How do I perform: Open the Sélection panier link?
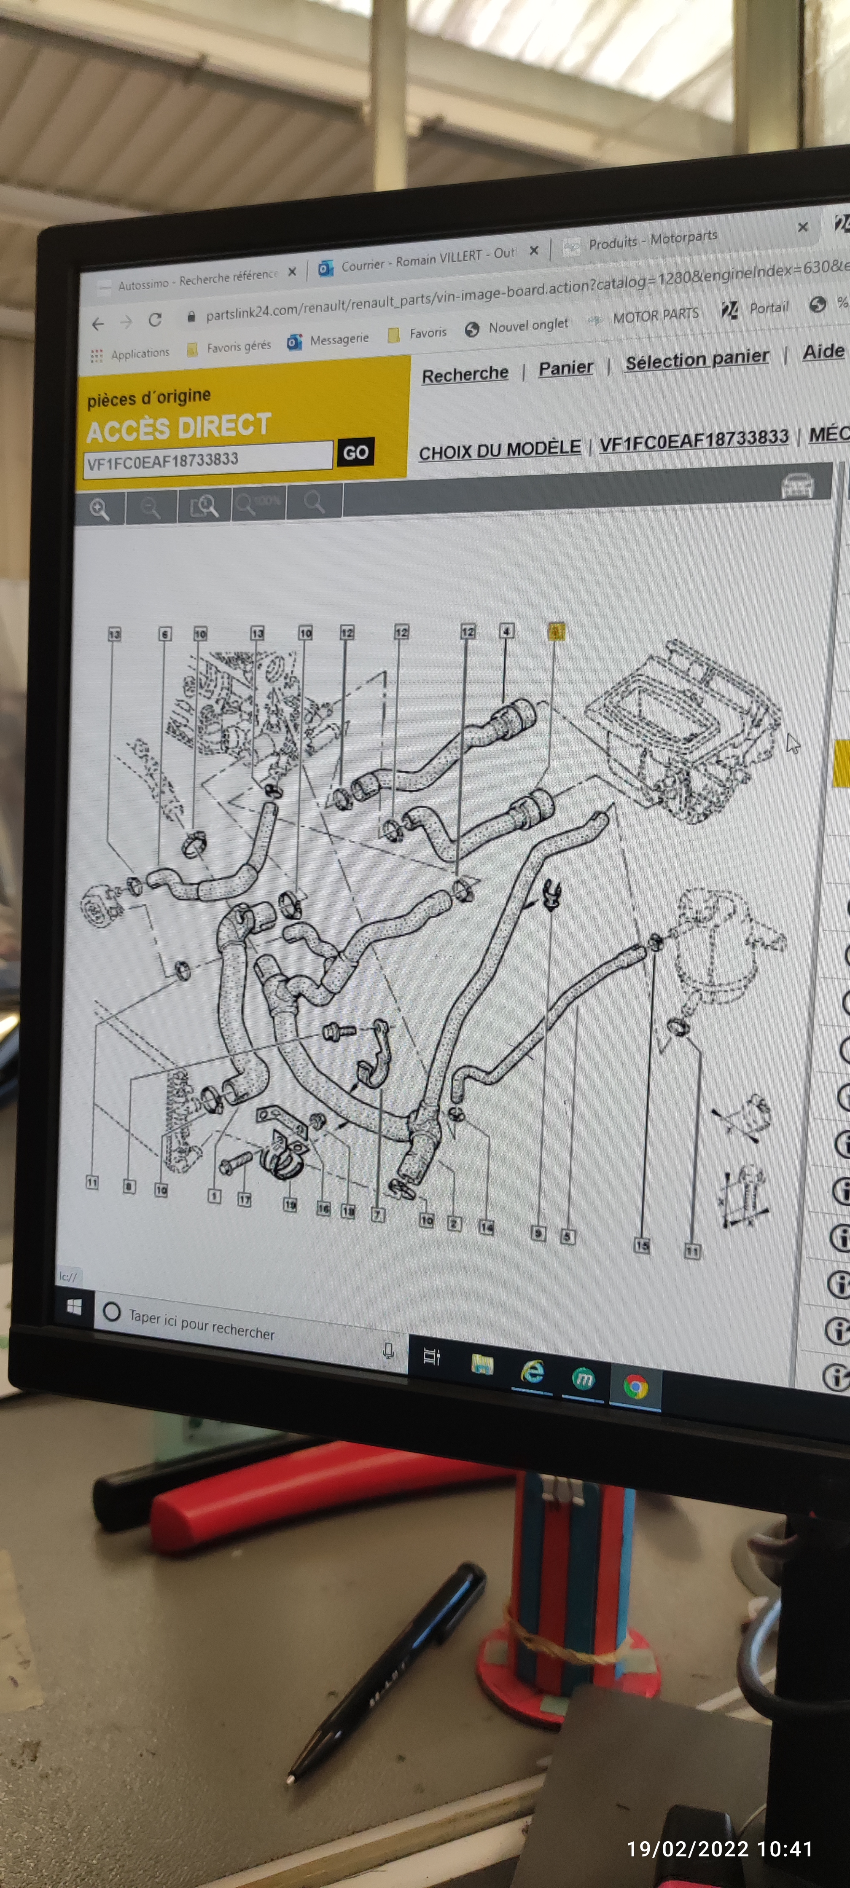697,358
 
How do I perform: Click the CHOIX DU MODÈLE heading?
500,448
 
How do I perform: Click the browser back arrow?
97,323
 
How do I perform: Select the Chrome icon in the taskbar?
635,1386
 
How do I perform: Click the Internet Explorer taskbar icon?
533,1371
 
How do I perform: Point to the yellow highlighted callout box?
557,630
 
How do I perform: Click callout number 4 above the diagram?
506,630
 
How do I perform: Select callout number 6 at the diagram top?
165,633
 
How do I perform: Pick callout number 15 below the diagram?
642,1244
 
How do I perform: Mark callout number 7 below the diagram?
378,1215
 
